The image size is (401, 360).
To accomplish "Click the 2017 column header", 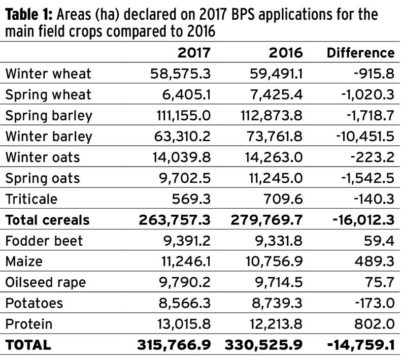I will click(193, 53).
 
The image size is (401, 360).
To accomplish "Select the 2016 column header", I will click(285, 53).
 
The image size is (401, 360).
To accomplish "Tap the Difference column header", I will click(360, 53).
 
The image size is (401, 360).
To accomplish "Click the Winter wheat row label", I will click(48, 74).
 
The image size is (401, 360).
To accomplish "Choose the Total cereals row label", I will click(48, 220).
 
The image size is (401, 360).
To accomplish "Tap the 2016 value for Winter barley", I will click(272, 136).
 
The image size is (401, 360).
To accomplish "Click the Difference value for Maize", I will click(376, 261).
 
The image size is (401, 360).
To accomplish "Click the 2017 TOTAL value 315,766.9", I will click(174, 345).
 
